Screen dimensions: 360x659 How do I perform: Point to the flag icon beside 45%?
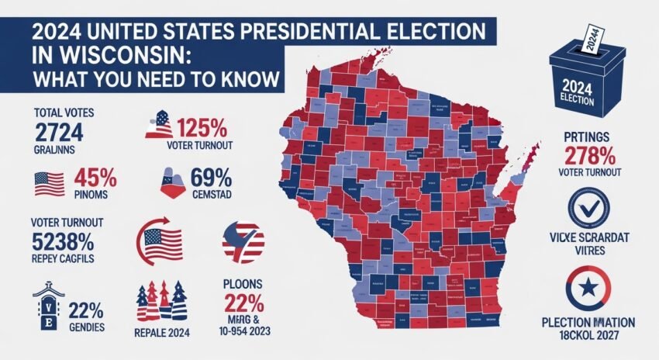point(50,183)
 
